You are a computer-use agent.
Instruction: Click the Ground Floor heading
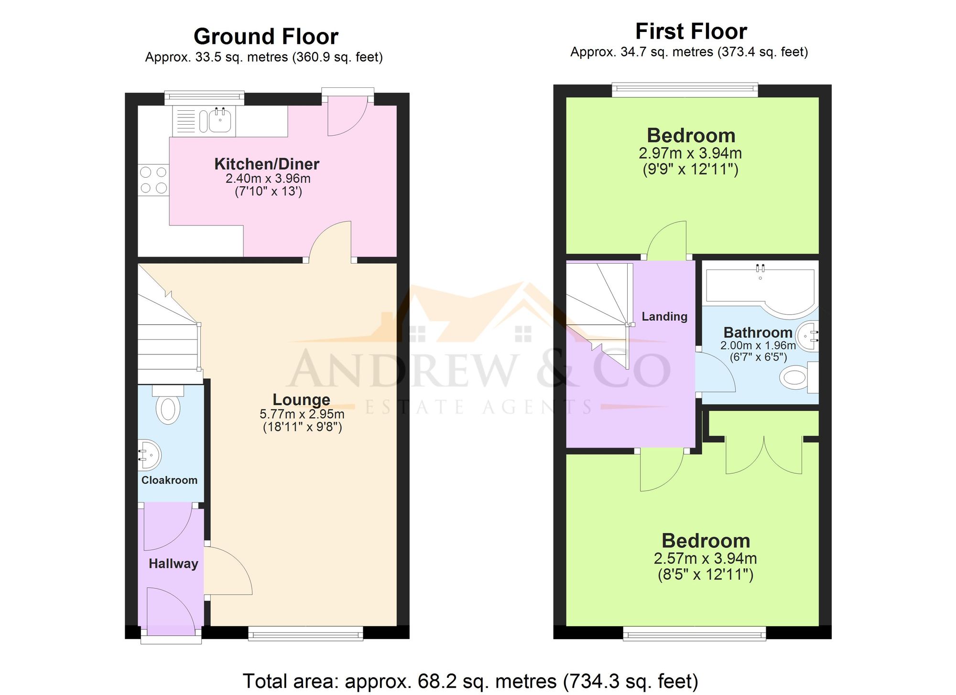click(x=266, y=37)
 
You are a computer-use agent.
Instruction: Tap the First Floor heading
click(x=691, y=32)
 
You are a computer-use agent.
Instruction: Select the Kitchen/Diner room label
click(x=266, y=164)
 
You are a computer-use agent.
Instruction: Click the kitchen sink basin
click(x=220, y=119)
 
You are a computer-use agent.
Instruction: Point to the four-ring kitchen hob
click(x=153, y=180)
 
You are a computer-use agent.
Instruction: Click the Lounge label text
click(x=301, y=399)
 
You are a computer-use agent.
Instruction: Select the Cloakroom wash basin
click(x=150, y=455)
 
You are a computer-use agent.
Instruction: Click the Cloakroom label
click(x=169, y=480)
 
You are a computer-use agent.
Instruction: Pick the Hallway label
click(x=173, y=564)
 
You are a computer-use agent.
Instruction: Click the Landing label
click(x=664, y=316)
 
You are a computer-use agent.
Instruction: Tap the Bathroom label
click(x=758, y=332)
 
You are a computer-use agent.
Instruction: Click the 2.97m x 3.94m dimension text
click(x=690, y=153)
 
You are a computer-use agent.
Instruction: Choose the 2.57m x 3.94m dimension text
click(x=705, y=558)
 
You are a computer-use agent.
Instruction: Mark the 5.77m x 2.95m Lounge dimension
click(x=302, y=414)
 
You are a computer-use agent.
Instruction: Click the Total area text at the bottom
click(x=470, y=681)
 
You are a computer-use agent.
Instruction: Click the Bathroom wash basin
click(x=808, y=336)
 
